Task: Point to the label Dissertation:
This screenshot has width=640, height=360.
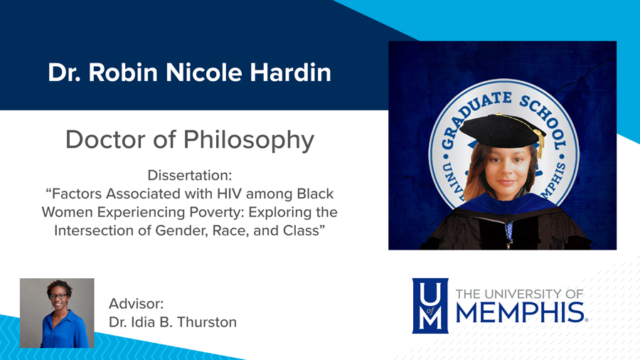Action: click(x=189, y=174)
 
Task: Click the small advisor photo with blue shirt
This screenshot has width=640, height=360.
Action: click(x=57, y=313)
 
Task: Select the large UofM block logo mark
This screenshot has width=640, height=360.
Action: click(x=430, y=305)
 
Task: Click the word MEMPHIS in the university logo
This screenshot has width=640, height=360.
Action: click(x=519, y=312)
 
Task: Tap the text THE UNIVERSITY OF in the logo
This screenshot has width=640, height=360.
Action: click(x=519, y=293)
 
